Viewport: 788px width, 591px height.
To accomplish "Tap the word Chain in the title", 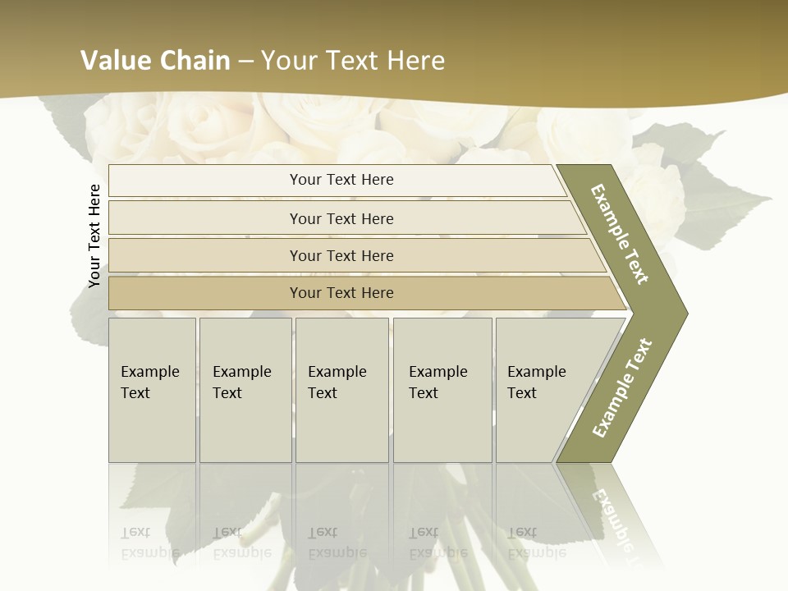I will click(195, 60).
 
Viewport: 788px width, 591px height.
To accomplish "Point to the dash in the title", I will click(245, 61).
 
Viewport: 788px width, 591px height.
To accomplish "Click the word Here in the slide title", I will click(415, 60).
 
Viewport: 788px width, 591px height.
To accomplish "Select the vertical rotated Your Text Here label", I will click(94, 236).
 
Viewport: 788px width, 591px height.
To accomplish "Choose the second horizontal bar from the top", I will click(341, 218).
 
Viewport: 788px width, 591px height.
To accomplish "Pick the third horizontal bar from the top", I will click(341, 255).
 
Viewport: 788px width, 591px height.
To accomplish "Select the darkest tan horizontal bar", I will click(341, 293).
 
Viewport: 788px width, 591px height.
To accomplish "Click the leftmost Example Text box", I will click(152, 389).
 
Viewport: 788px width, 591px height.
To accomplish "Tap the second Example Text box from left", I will click(245, 389).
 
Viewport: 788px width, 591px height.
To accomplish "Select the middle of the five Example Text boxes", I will click(341, 389).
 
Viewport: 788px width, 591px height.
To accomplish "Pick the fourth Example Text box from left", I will click(442, 389).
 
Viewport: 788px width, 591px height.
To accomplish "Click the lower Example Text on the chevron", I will click(621, 388).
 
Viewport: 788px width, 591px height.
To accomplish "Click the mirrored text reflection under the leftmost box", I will click(150, 542).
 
